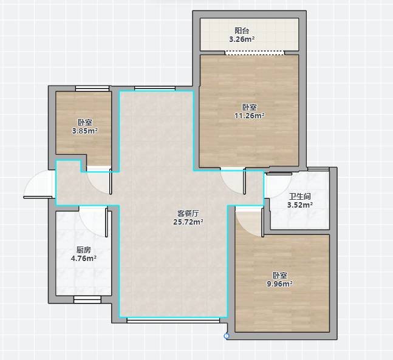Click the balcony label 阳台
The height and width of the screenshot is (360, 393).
[x=242, y=31]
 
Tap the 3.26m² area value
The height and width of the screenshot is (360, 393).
[x=242, y=39]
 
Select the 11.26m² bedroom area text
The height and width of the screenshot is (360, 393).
[x=250, y=115]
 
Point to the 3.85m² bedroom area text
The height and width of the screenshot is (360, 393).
[x=84, y=131]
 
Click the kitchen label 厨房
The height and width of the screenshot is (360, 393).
[x=84, y=250]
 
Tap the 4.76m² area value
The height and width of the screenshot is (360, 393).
[x=84, y=258]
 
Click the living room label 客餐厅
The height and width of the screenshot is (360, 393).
[x=188, y=214]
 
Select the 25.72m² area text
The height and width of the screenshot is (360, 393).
[x=188, y=222]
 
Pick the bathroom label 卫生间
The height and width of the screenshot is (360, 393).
[x=300, y=197]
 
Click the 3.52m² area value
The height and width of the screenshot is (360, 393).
[x=300, y=205]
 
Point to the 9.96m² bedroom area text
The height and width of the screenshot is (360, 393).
[x=279, y=284]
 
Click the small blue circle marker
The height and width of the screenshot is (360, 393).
[x=227, y=336]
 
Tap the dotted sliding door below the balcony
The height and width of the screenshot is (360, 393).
[x=255, y=53]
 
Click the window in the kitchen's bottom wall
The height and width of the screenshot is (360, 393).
[x=87, y=300]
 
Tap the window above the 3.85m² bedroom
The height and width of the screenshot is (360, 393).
[x=92, y=89]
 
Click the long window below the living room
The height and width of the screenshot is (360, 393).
[x=173, y=320]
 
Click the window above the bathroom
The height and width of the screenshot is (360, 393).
[x=318, y=169]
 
